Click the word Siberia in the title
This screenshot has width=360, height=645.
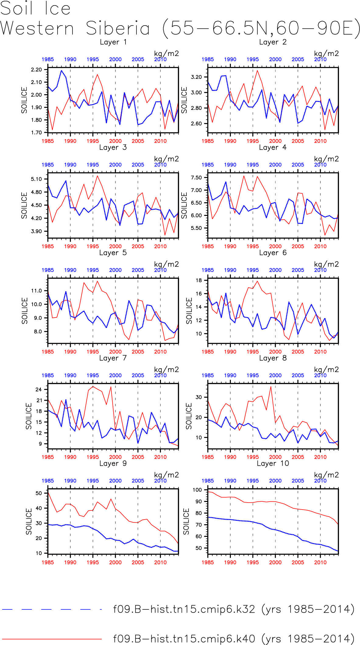click(x=118, y=28)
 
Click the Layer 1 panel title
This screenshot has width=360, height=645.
click(x=113, y=42)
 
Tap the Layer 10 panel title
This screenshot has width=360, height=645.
click(x=273, y=463)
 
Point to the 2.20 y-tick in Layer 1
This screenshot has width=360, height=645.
click(x=37, y=70)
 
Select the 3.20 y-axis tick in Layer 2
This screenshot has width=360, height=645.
click(x=196, y=77)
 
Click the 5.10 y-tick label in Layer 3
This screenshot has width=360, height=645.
click(x=37, y=179)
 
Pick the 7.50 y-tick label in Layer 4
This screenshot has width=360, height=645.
click(x=196, y=177)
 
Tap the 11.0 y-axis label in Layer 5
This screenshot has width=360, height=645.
click(x=37, y=291)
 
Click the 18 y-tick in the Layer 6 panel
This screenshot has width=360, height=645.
click(x=199, y=280)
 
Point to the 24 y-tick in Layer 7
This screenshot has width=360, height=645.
click(x=39, y=389)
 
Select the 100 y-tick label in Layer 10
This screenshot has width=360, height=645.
click(x=197, y=490)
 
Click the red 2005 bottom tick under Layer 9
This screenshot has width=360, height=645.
click(x=138, y=562)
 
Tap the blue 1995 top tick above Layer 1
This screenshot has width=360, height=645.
click(x=93, y=59)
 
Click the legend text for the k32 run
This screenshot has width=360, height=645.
click(x=234, y=609)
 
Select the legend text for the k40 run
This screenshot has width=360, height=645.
click(x=234, y=638)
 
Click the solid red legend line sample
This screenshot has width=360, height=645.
click(x=52, y=639)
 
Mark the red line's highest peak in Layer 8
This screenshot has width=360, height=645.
click(x=271, y=387)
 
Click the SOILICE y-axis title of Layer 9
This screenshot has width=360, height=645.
click(x=29, y=521)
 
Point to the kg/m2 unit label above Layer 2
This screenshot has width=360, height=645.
click(x=326, y=54)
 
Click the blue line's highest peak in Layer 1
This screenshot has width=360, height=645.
click(x=62, y=71)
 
